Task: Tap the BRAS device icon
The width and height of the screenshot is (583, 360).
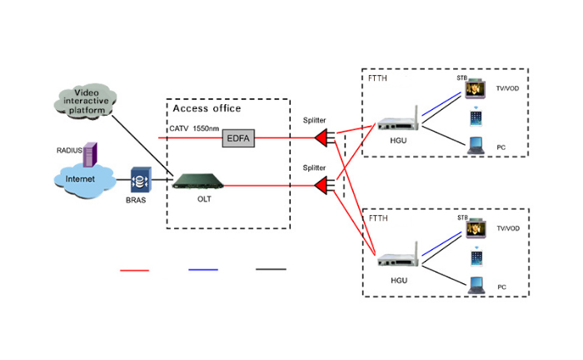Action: pos(139,181)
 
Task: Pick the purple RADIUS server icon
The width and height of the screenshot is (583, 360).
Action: pos(90,152)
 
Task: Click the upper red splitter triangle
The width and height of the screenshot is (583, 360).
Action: pos(319,136)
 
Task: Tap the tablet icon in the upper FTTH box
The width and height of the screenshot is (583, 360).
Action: pos(476,118)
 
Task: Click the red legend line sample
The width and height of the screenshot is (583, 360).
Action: pos(135,270)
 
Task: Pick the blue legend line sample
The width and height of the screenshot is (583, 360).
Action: pos(203,270)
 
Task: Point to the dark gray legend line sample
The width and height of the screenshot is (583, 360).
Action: pos(271,270)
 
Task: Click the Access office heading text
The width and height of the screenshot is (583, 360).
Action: pos(207,108)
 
